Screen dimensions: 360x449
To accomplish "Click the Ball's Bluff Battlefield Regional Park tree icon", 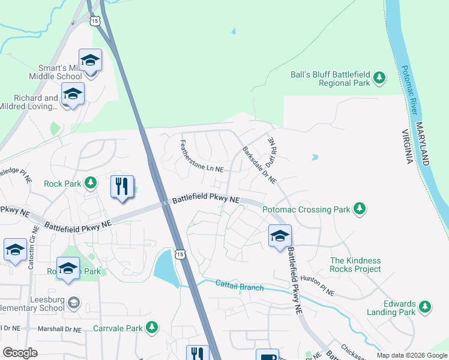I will pos(379,77).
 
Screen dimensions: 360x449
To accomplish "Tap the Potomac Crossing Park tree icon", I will pos(360,208).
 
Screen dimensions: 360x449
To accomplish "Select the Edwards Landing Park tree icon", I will pos(426,307).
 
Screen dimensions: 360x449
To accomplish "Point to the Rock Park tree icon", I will pos(91,182).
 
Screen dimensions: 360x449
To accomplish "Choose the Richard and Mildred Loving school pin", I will pos(73,95).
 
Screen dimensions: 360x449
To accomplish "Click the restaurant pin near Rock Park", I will pos(122,186).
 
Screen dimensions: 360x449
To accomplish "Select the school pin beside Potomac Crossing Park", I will pos(279,236).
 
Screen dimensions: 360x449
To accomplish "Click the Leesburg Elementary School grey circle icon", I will pos(74,301).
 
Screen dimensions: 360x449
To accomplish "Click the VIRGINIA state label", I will pos(408,147).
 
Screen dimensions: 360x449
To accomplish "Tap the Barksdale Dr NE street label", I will pos(259,165).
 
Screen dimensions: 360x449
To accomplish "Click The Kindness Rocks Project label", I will pos(355,265).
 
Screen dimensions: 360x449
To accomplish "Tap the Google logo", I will pos(20,353).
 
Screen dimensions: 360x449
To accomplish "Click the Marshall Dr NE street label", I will pos(61,328).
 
